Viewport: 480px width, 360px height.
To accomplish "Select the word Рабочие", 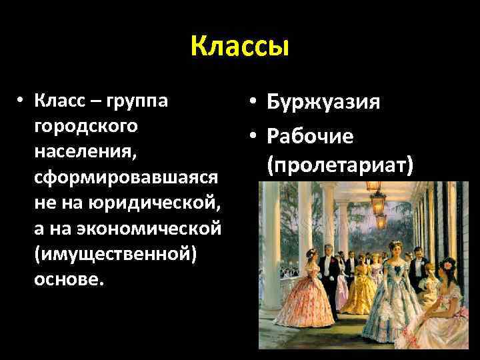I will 310,137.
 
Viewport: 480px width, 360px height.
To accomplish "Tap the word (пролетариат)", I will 339,165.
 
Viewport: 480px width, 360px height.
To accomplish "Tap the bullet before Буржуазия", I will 251,103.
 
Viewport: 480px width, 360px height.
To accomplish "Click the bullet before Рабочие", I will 251,137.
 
